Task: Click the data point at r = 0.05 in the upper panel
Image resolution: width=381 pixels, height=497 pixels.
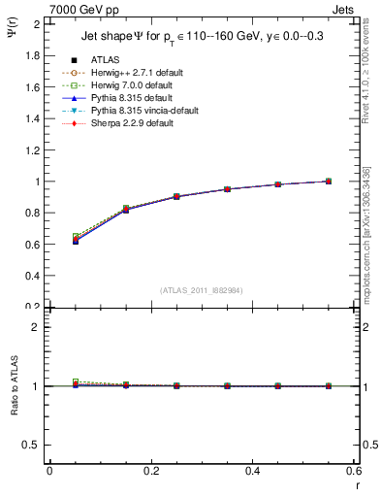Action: pos(76,240)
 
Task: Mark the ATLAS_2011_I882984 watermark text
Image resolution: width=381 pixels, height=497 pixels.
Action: pos(201,290)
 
